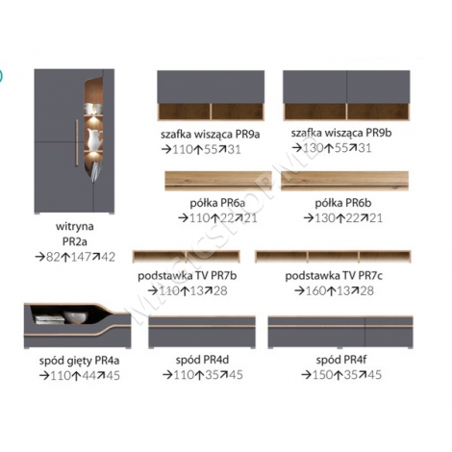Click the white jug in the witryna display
pyautogui.click(x=95, y=138)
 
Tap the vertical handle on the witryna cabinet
pyautogui.click(x=77, y=142)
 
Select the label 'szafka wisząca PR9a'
pyautogui.click(x=211, y=134)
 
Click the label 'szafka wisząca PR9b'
pyautogui.click(x=341, y=133)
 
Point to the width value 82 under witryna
pyautogui.click(x=53, y=257)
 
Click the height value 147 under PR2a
pyautogui.click(x=81, y=257)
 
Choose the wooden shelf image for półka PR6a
pyautogui.click(x=218, y=181)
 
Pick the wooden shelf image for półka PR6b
pyautogui.click(x=344, y=181)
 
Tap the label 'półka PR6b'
pyautogui.click(x=343, y=203)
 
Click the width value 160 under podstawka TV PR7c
pyautogui.click(x=315, y=290)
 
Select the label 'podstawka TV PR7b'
pyautogui.click(x=188, y=276)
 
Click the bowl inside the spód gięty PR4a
pyautogui.click(x=75, y=316)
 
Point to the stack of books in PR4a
pyautogui.click(x=50, y=319)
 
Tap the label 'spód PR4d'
pyautogui.click(x=202, y=360)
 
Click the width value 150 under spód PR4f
pyautogui.click(x=322, y=375)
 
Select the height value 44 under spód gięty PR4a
pyautogui.click(x=88, y=375)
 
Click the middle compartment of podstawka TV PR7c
pyautogui.click(x=333, y=257)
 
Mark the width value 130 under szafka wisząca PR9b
pyautogui.click(x=313, y=148)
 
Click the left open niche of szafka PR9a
pyautogui.click(x=185, y=112)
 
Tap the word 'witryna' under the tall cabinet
pyautogui.click(x=75, y=226)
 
